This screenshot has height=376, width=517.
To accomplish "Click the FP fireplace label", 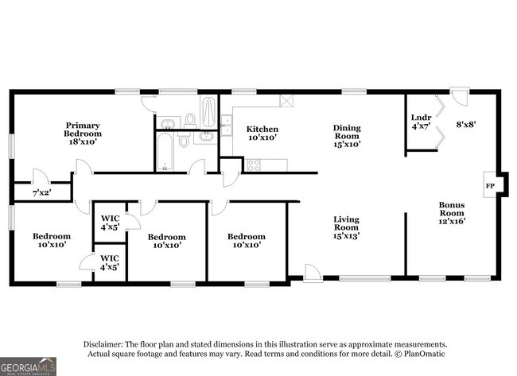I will click(x=489, y=187).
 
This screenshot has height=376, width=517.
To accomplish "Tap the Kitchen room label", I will click(x=262, y=134).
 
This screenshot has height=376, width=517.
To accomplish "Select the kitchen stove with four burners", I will click(x=254, y=165).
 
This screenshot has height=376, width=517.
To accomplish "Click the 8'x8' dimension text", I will click(x=467, y=124).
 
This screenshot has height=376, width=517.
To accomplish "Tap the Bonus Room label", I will click(x=452, y=212).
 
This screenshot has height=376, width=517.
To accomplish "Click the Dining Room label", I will click(x=347, y=135).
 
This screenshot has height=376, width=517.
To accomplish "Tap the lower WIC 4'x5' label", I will click(x=110, y=262).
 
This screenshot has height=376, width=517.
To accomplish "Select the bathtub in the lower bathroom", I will click(x=165, y=152).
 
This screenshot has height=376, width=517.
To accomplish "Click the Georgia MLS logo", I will click(x=29, y=366).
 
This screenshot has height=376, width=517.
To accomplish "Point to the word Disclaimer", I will click(x=109, y=343).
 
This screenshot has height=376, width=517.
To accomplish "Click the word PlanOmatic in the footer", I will click(x=426, y=353).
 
